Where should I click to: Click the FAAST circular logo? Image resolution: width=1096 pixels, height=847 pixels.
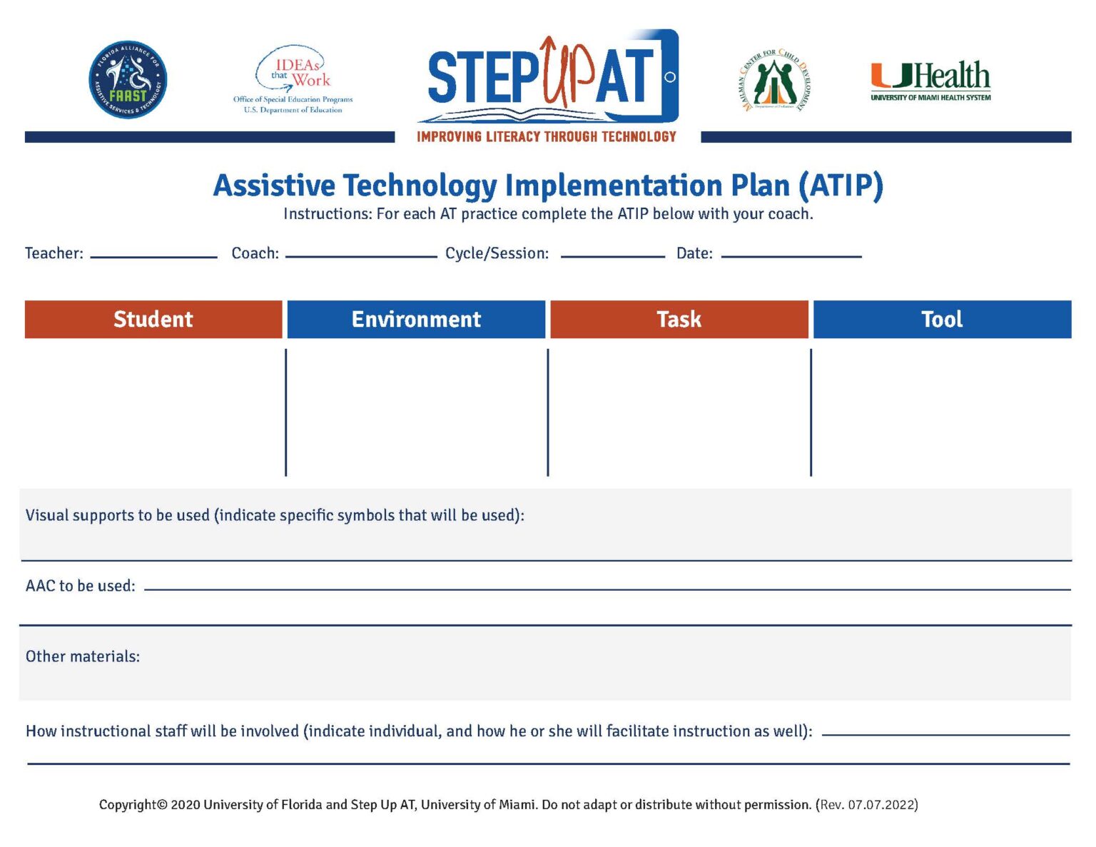128,80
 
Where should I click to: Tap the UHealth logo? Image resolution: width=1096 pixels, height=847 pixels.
930,80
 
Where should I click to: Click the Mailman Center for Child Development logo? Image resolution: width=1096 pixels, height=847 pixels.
775,81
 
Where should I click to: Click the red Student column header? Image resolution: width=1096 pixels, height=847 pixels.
153,319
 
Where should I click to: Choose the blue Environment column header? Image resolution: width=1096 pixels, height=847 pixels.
416,319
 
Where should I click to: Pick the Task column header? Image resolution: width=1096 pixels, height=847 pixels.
679,319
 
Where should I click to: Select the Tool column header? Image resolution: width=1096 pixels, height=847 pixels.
942,319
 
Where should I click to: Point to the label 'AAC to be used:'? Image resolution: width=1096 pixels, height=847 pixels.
80,586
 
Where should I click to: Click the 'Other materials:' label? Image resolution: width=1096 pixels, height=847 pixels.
83,656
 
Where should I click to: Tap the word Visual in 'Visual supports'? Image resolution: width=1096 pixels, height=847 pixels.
46,515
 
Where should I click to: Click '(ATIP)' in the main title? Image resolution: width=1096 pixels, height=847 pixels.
841,186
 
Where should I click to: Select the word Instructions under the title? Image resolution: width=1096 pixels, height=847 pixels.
327,214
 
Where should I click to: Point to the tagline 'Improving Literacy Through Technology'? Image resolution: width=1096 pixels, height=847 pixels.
547,137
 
